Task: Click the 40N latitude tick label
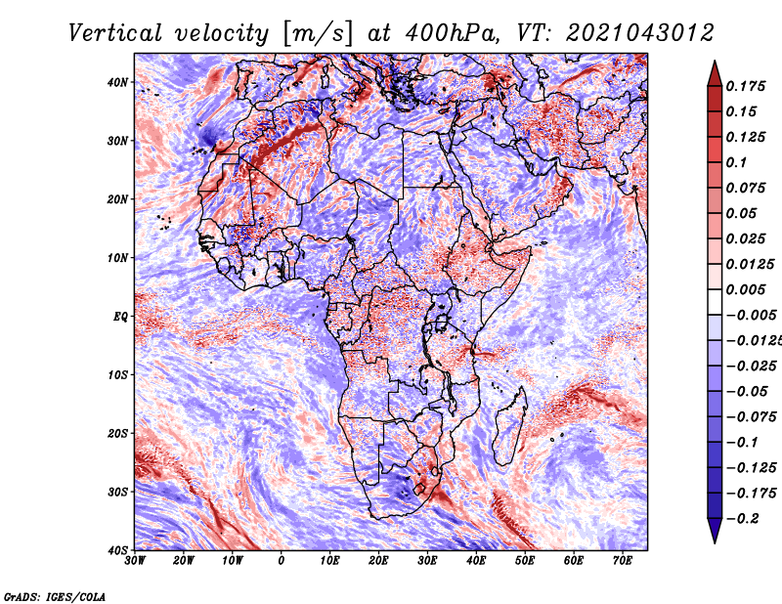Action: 117,82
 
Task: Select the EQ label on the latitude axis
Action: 120,317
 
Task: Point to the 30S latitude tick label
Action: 117,492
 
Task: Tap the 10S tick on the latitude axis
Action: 117,374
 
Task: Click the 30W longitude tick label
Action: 135,561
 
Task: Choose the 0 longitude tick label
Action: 282,561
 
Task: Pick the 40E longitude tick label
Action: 476,561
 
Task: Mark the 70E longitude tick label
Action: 623,561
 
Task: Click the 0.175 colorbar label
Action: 745,86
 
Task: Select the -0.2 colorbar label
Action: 743,519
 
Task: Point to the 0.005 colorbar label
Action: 745,289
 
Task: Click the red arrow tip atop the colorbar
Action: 715,62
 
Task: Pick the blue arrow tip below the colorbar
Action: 715,542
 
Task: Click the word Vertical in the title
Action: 115,33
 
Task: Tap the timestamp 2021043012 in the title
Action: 640,33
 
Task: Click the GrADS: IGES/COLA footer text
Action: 55,596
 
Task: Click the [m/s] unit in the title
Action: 317,34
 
